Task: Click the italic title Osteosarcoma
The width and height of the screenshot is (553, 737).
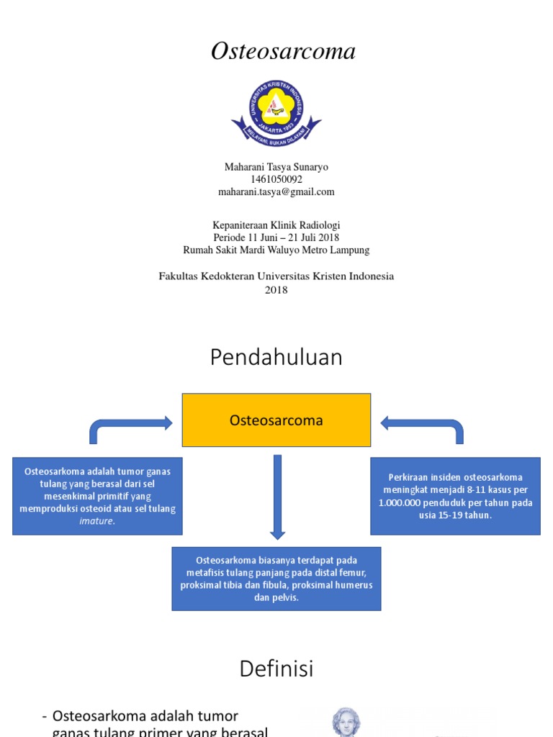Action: click(283, 52)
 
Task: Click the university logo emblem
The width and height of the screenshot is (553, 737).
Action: click(276, 110)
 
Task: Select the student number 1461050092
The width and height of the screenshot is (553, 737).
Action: click(276, 179)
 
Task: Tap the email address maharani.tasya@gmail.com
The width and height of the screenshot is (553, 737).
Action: click(276, 192)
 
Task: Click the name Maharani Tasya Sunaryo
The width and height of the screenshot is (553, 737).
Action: click(276, 167)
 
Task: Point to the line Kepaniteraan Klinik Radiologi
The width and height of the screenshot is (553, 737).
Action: click(276, 225)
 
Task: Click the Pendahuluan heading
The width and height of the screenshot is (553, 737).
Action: click(276, 358)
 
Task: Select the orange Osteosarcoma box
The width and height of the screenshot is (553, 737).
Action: click(276, 420)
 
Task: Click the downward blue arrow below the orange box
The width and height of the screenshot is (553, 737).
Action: click(277, 504)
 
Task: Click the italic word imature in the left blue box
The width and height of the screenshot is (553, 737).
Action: click(96, 521)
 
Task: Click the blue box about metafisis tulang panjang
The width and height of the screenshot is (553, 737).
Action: click(276, 579)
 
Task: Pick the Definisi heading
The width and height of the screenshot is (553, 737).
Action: click(276, 669)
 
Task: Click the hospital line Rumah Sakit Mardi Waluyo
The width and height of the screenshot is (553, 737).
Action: click(276, 250)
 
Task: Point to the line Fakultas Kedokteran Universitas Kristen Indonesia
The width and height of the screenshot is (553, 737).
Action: click(276, 276)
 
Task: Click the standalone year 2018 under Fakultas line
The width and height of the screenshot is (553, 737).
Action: click(276, 290)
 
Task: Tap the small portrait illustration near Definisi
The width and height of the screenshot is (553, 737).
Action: click(346, 722)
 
